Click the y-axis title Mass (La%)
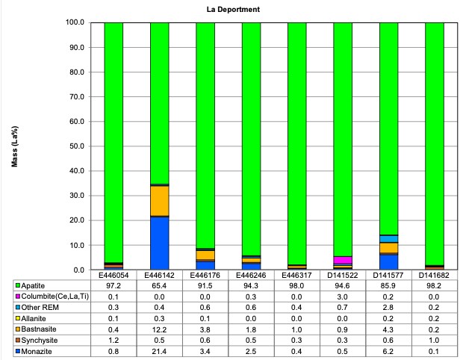pos(14,146)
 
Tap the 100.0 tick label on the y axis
pos(78,22)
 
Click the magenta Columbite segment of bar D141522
pos(343,261)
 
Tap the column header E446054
pos(114,275)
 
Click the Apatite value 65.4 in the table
pos(159,285)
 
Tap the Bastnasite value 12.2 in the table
pos(159,327)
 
